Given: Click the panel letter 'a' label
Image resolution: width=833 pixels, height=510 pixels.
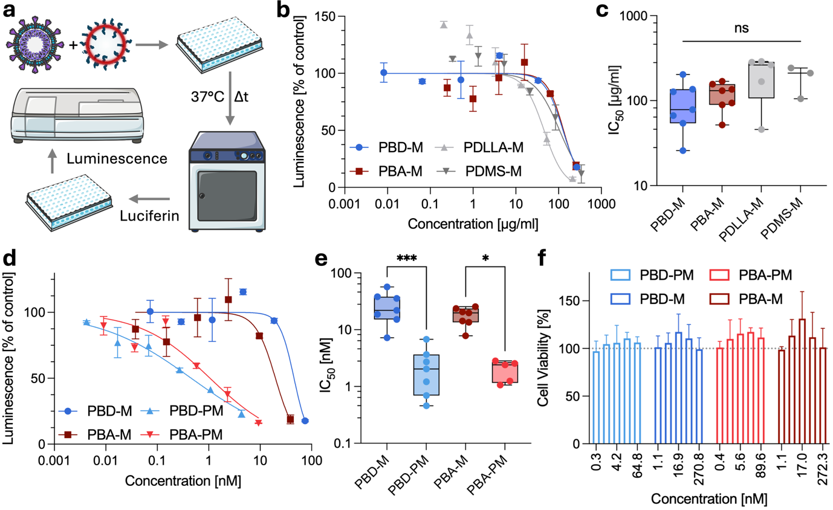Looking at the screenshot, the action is tap(9, 11).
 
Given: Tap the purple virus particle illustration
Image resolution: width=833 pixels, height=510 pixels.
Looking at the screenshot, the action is tap(35, 44).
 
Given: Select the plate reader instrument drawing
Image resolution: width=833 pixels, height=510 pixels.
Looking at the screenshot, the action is tap(78, 115).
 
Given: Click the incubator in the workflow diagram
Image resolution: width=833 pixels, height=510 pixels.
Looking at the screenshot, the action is tap(227, 181).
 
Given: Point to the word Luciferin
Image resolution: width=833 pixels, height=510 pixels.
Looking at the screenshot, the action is tap(149, 216).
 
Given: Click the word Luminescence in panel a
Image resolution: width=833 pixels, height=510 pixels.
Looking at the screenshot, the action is tap(117, 158).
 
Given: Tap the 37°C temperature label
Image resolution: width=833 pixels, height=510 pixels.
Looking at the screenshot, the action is tap(207, 97).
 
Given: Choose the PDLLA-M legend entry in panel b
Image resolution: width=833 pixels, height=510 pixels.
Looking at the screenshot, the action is tap(479, 147).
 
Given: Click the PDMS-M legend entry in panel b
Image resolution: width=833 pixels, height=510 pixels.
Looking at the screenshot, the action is tap(479, 172).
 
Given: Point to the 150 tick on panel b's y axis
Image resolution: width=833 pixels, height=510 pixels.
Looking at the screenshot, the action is tap(325, 16).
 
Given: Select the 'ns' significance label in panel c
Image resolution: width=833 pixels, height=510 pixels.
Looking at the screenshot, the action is tap(741, 28).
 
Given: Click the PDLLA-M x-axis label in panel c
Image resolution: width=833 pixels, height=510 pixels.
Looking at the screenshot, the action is tap(741, 219).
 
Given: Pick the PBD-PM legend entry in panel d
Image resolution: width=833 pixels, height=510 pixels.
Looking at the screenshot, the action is tap(182, 411).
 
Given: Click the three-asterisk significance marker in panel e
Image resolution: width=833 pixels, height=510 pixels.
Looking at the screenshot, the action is tap(407, 258).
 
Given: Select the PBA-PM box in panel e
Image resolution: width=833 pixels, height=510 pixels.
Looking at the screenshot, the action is tap(505, 372).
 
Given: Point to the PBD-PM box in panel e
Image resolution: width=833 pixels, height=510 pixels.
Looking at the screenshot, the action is tap(426, 375).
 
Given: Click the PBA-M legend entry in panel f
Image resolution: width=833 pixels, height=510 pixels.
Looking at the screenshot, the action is tap(746, 299).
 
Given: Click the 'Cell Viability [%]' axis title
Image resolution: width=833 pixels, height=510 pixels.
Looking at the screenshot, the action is tap(543, 358).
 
